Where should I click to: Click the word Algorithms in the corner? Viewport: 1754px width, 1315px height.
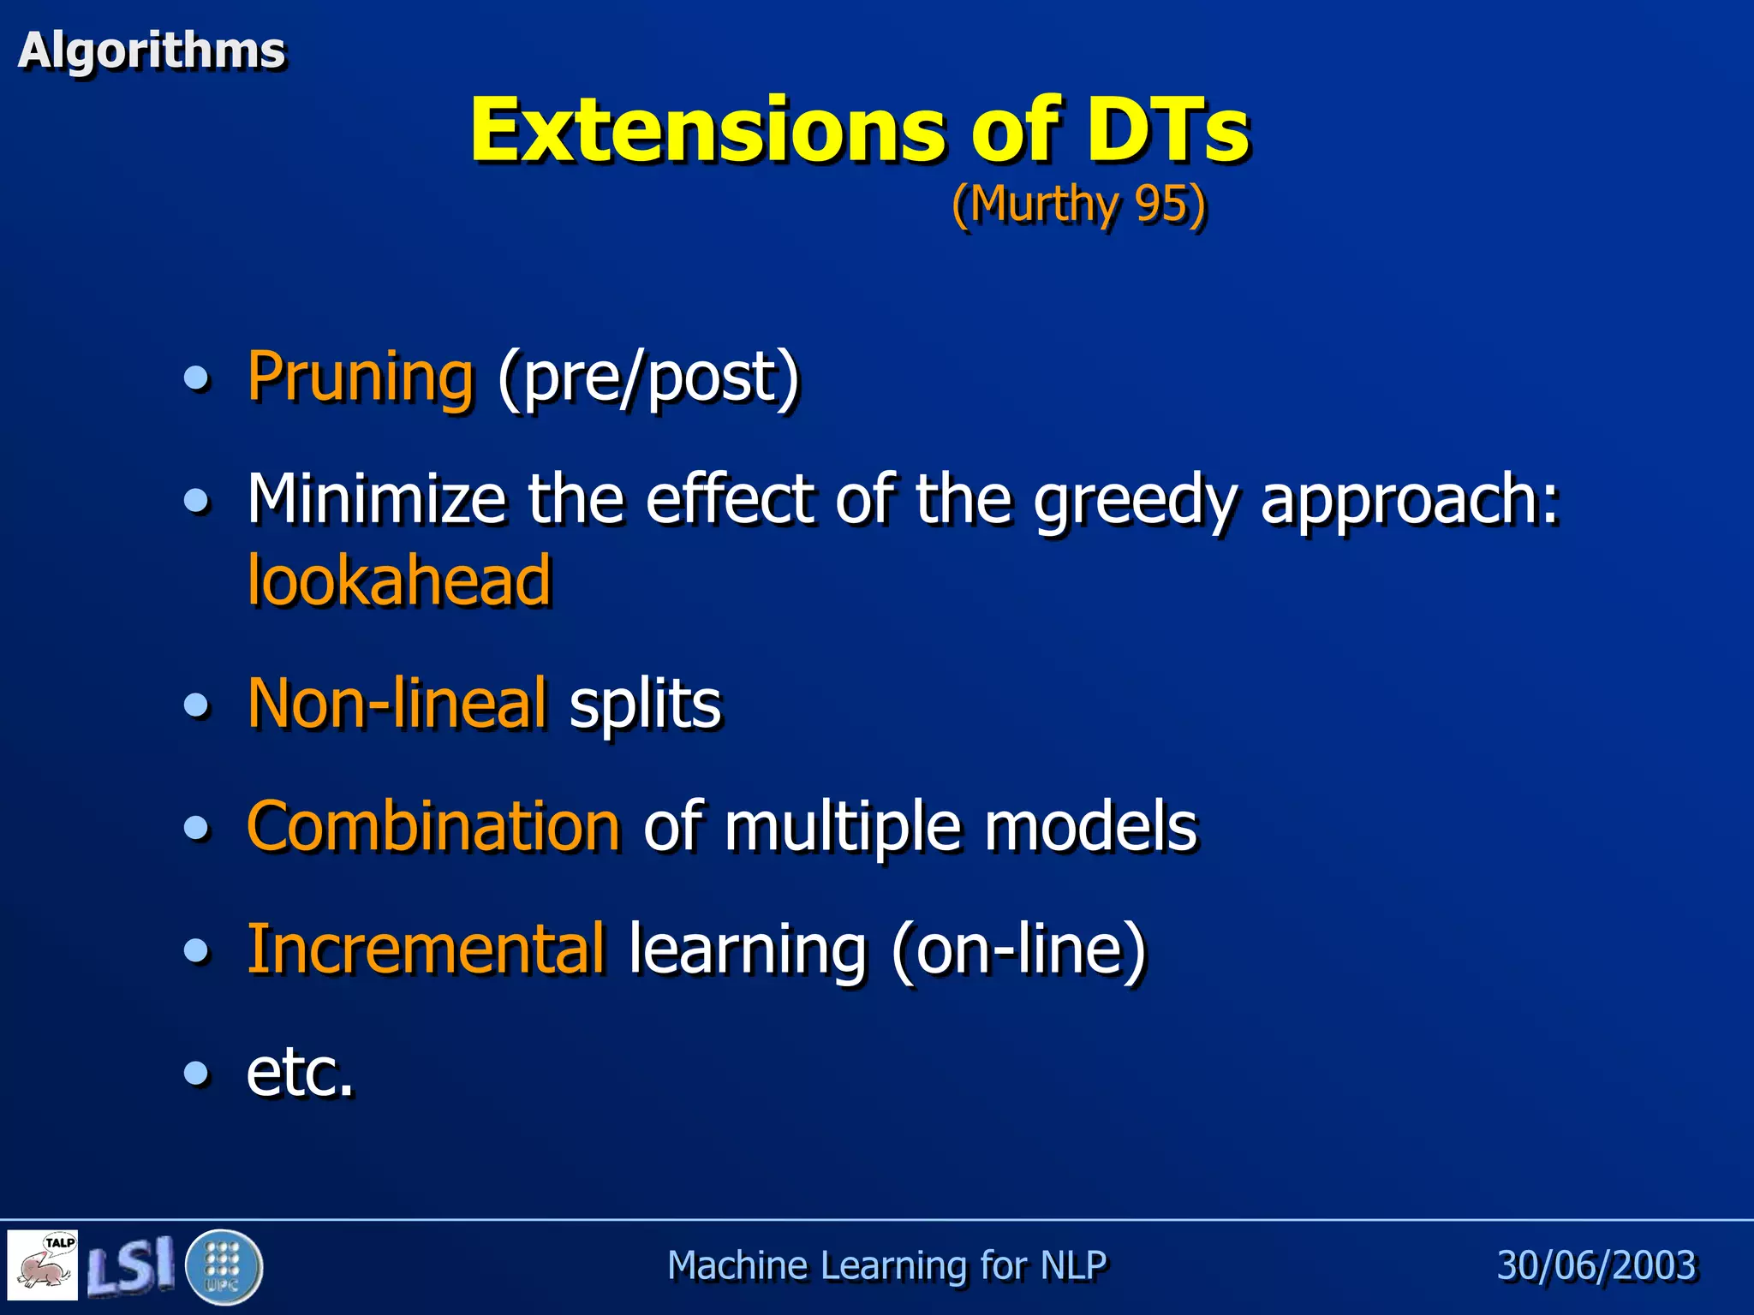coord(152,51)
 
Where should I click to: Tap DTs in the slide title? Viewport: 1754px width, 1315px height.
coord(1168,130)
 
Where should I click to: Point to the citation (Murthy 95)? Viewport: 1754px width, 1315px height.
coord(1078,205)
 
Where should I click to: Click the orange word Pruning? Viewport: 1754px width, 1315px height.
coord(360,377)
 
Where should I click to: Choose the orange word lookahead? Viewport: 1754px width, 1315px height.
coord(399,581)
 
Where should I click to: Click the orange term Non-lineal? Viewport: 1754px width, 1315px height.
coord(397,704)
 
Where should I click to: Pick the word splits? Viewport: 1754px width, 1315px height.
coord(645,705)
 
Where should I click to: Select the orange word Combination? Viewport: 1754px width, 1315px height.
coord(433,827)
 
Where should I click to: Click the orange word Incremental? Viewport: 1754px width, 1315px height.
coord(426,949)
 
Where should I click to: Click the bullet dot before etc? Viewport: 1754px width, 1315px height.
coord(197,1073)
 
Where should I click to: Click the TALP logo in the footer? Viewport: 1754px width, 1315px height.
coord(43,1264)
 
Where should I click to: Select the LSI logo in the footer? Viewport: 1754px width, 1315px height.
coord(130,1265)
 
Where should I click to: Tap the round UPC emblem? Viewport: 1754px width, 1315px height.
coord(224,1266)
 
